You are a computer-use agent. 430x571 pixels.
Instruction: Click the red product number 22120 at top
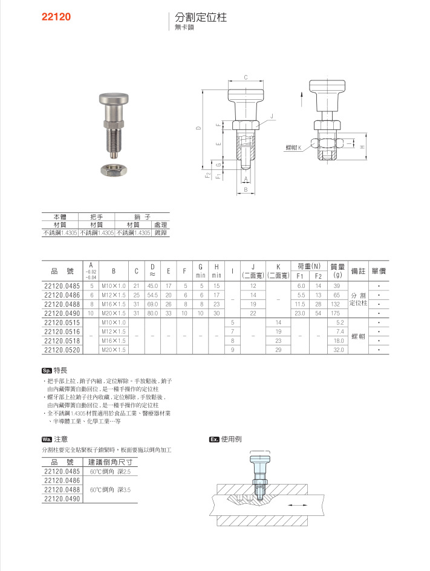click(56, 17)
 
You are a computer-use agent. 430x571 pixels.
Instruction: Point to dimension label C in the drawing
click(246, 77)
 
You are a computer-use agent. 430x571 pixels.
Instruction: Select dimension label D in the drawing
click(198, 129)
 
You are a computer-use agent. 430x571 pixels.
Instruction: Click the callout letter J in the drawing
click(272, 116)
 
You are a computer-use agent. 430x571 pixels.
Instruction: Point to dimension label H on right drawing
click(362, 147)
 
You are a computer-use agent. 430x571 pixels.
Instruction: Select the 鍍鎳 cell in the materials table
click(160, 232)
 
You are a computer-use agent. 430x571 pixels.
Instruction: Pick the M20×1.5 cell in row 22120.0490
click(113, 313)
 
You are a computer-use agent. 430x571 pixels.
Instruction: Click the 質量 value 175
click(337, 313)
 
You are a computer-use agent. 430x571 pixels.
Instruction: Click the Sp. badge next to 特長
click(47, 370)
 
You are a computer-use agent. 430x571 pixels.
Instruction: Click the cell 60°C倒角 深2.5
click(110, 471)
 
